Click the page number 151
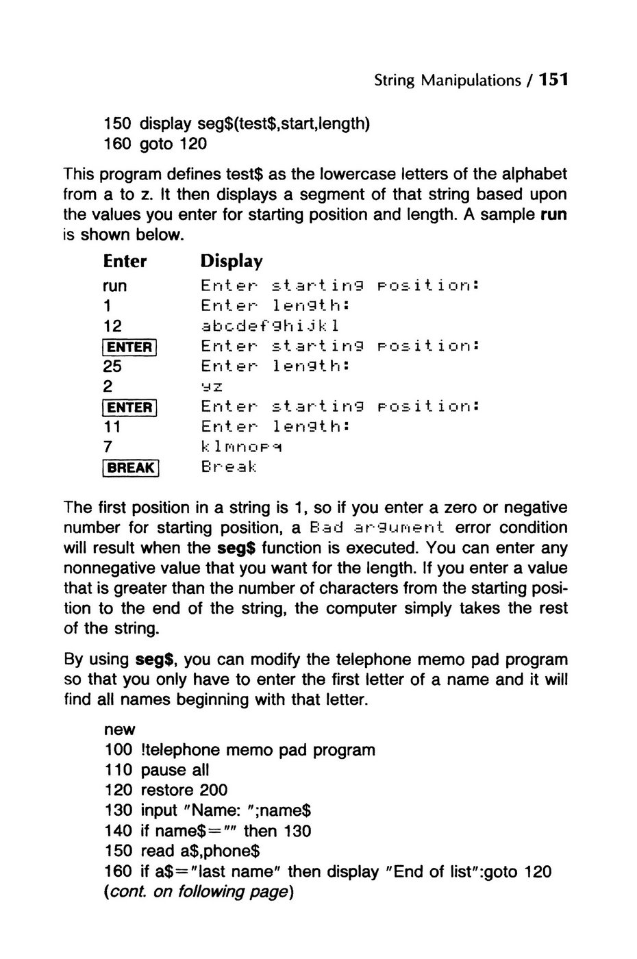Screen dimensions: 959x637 click(553, 80)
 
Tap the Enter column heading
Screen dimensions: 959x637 click(125, 262)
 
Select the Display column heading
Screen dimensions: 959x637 click(231, 262)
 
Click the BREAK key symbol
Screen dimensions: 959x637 click(131, 468)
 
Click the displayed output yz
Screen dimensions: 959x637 click(208, 386)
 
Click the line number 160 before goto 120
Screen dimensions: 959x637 click(118, 145)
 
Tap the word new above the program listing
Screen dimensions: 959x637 click(120, 730)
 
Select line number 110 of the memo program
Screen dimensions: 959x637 click(118, 770)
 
